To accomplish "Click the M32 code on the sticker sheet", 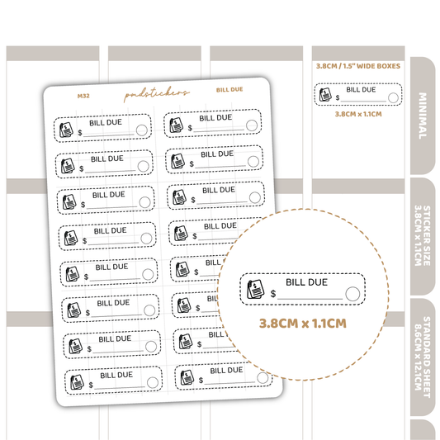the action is (x=83, y=96).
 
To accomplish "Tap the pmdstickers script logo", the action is (x=157, y=93).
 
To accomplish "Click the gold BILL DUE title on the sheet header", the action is (x=229, y=90).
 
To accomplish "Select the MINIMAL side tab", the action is (x=423, y=116).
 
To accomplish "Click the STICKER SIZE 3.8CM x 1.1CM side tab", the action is (x=423, y=236).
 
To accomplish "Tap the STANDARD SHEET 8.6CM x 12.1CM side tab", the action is (x=423, y=357).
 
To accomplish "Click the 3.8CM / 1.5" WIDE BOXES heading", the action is (x=358, y=66).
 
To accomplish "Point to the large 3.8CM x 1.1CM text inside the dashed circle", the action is (x=302, y=324).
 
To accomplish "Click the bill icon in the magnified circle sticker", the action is (x=255, y=289).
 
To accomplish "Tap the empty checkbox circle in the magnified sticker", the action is (x=352, y=294).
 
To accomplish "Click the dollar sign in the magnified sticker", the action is (x=273, y=294).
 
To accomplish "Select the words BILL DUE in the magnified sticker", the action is (x=306, y=282).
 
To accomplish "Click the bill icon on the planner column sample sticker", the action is (x=325, y=94).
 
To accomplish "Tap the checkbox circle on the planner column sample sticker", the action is (x=393, y=98).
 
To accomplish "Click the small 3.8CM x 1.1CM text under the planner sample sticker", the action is (x=358, y=114).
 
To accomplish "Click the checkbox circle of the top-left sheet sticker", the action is (x=142, y=130).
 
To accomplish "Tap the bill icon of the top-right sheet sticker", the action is (x=176, y=125).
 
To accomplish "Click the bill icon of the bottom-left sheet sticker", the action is (x=77, y=382).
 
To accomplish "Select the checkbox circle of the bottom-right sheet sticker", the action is (x=263, y=378).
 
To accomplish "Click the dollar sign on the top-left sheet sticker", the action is (x=80, y=132).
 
